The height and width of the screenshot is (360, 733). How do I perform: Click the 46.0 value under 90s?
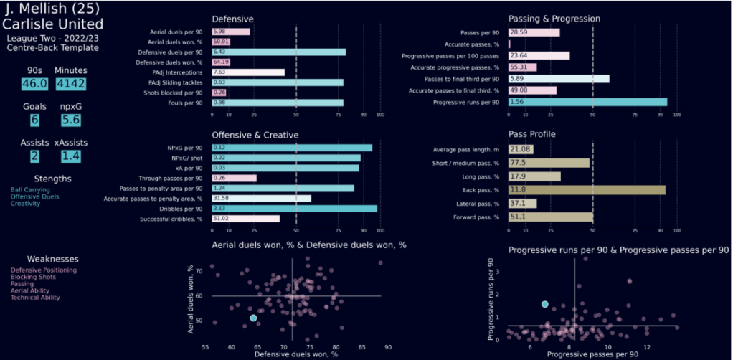tap(34, 84)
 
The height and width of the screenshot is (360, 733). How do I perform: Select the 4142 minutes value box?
tap(70, 84)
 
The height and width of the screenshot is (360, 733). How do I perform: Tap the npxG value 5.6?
tap(70, 120)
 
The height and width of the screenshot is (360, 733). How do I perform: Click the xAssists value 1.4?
tap(70, 156)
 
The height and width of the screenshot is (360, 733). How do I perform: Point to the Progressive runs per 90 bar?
tap(587, 103)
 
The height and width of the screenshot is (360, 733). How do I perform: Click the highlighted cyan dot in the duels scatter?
tap(253, 318)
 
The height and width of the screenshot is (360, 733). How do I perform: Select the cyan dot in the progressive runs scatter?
tap(545, 304)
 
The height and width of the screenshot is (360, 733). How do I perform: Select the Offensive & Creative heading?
tap(255, 134)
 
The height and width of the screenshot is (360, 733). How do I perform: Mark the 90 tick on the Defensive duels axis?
tap(388, 348)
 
